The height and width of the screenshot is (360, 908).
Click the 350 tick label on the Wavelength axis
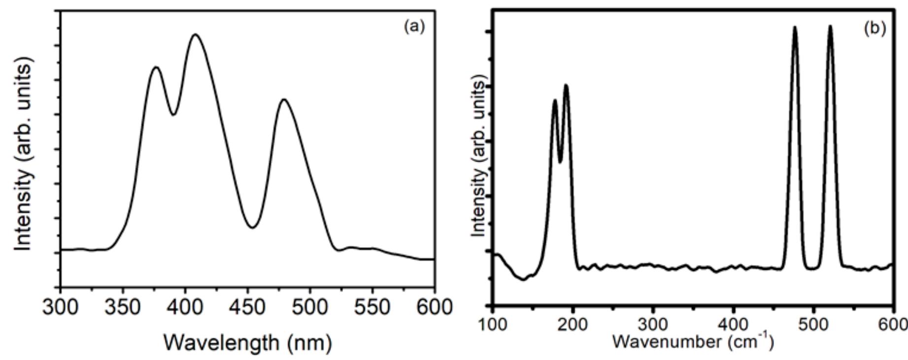click(x=123, y=308)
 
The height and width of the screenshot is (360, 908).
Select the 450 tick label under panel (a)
click(x=247, y=308)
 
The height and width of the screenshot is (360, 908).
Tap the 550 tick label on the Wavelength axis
click(x=372, y=308)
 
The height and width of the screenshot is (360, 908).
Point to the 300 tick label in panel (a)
click(x=61, y=308)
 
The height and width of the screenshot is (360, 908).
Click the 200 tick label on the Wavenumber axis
click(x=572, y=326)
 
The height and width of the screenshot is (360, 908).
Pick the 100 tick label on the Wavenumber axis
click(x=493, y=326)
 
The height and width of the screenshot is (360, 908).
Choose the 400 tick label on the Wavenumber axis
click(x=733, y=326)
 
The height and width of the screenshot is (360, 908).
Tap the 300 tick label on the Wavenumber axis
click(x=653, y=326)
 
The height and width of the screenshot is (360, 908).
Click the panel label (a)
click(x=414, y=27)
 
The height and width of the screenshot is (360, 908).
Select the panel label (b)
click(x=875, y=29)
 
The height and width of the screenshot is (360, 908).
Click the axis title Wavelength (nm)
click(x=247, y=342)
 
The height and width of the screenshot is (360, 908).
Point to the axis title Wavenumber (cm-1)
click(x=692, y=341)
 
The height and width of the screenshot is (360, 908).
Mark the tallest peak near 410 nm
click(x=196, y=34)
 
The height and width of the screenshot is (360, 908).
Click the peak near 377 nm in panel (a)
click(x=156, y=67)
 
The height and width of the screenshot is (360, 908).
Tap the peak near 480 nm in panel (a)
click(x=283, y=99)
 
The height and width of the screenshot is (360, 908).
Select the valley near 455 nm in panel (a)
click(x=252, y=228)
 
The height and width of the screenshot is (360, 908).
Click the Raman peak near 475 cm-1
click(x=795, y=27)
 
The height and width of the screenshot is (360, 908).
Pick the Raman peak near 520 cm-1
click(x=830, y=26)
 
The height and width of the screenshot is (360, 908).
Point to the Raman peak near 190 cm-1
click(x=566, y=85)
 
